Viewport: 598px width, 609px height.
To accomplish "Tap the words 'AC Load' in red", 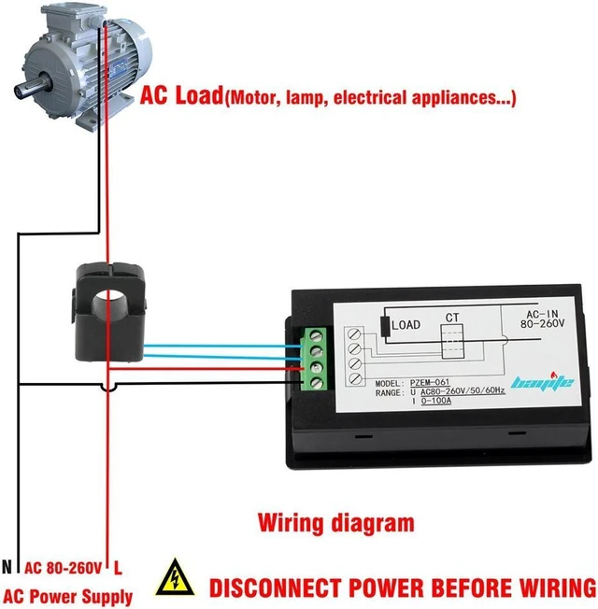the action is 181,95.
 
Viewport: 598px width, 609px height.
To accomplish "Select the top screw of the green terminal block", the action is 317,335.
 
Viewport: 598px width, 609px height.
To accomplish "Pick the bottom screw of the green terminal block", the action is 317,383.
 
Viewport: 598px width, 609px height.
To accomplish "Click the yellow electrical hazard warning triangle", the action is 175,578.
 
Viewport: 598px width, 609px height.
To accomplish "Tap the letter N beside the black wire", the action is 7,568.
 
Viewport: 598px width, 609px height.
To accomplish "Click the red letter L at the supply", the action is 118,568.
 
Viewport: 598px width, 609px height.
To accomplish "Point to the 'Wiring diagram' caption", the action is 336,524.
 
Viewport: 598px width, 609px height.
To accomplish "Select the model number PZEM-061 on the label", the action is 430,383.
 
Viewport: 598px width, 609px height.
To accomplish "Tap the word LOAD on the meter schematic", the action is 406,325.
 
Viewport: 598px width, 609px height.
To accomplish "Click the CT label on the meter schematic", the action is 452,318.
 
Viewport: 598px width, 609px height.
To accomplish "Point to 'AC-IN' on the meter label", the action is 542,314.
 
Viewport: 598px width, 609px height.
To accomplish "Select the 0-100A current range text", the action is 436,401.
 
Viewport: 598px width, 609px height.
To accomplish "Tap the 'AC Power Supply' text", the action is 68,596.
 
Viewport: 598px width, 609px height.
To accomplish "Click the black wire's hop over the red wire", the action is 108,388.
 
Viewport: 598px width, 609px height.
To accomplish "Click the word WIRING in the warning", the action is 557,588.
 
